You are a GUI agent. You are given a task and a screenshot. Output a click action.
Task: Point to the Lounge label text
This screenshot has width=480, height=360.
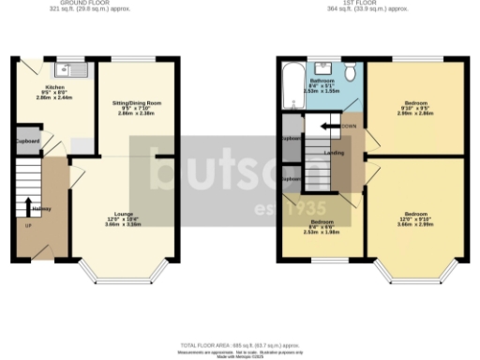(x=123, y=215)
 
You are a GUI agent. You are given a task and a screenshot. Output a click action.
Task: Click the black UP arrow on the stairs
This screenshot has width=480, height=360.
(x=28, y=206)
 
